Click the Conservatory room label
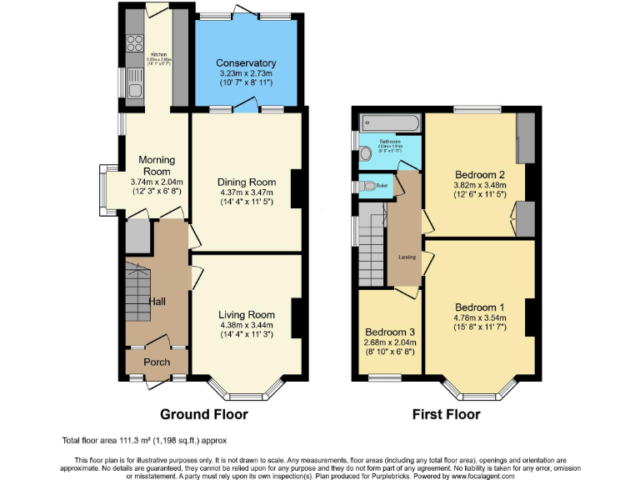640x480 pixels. (246, 63)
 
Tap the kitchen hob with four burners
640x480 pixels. (134, 41)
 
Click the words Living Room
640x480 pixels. (246, 314)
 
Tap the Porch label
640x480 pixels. (157, 362)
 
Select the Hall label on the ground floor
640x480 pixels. (158, 301)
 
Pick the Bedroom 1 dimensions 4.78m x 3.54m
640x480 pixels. (479, 317)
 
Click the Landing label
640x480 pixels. (407, 257)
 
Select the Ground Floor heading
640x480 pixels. (203, 414)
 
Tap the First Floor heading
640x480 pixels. (446, 414)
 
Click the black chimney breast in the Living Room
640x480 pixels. (296, 317)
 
